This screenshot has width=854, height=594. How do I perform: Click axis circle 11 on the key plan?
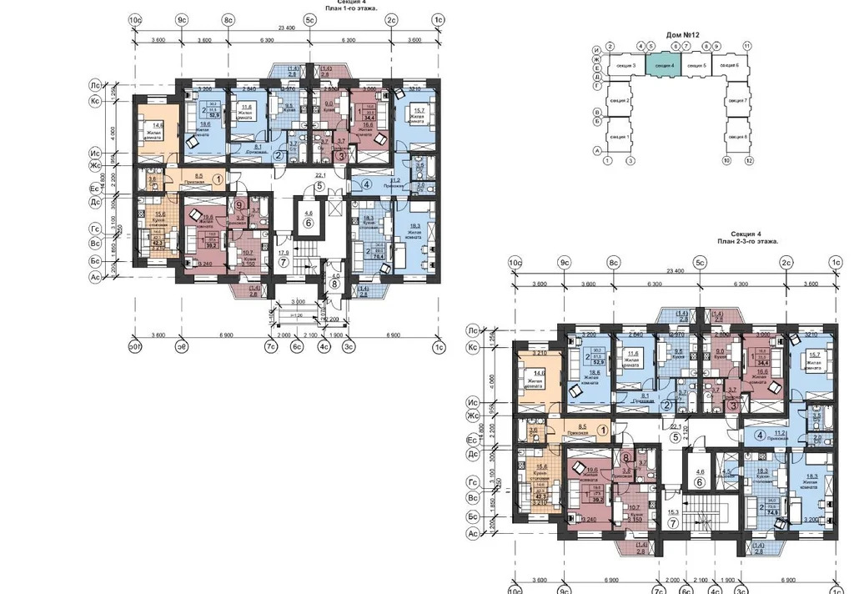pos(747,46)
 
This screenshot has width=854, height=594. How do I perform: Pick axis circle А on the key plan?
pos(596,151)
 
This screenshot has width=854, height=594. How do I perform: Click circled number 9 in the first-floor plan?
pos(239,204)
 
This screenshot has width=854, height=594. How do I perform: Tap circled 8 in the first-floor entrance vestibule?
pos(335,282)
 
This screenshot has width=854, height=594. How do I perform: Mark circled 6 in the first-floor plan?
pos(308,224)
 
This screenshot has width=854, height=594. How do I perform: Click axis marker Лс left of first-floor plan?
pos(96,85)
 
